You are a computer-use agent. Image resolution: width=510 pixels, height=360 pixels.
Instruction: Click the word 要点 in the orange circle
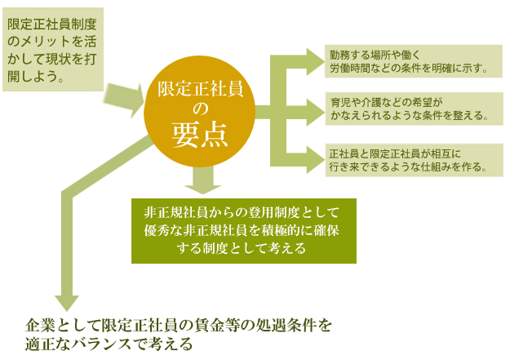pyautogui.click(x=200, y=136)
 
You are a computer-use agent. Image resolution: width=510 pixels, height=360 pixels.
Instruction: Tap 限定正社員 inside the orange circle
pyautogui.click(x=201, y=89)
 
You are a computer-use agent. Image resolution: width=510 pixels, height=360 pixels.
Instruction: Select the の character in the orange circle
pyautogui.click(x=200, y=109)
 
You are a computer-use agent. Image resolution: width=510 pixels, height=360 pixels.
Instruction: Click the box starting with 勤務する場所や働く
pyautogui.click(x=414, y=61)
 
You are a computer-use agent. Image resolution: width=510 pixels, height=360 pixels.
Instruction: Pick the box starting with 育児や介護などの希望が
pyautogui.click(x=415, y=109)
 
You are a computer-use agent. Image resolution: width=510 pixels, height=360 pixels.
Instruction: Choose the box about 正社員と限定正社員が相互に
pyautogui.click(x=415, y=160)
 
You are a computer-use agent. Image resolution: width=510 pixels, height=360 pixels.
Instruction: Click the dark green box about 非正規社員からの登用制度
pyautogui.click(x=244, y=231)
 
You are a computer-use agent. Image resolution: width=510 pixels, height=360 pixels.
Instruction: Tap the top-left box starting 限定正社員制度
pyautogui.click(x=53, y=50)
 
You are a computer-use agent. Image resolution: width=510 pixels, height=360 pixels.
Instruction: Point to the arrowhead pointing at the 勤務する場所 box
pyautogui.click(x=314, y=62)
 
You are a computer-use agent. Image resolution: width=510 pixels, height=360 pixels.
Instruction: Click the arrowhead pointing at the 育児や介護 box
pyautogui.click(x=315, y=112)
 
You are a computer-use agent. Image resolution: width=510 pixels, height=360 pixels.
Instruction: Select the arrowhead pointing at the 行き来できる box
pyautogui.click(x=315, y=160)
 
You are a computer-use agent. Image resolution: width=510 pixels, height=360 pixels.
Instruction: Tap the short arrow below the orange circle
pyautogui.click(x=203, y=180)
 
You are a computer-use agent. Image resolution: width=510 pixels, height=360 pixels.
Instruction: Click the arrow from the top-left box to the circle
pyautogui.click(x=125, y=100)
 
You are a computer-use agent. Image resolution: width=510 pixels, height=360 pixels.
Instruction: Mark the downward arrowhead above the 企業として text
pyautogui.click(x=67, y=303)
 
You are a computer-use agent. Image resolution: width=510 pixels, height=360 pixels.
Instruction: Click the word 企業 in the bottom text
pyautogui.click(x=37, y=326)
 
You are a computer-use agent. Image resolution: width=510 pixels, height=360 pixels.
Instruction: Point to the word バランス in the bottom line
pyautogui.click(x=105, y=344)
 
